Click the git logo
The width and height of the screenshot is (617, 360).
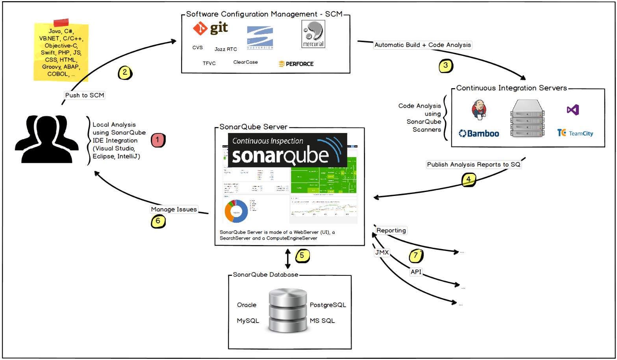[210, 28]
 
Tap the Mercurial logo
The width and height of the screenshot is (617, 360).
[313, 34]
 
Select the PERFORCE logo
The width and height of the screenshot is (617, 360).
[296, 64]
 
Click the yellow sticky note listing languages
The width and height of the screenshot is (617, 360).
[61, 51]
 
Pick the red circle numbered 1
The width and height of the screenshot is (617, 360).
[158, 140]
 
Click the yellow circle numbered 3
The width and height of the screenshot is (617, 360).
[446, 66]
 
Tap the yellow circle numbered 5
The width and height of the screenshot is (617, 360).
[302, 256]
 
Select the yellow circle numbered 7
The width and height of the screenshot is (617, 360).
[416, 256]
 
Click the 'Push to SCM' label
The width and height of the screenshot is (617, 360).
[85, 95]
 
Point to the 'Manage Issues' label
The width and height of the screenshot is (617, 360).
[174, 209]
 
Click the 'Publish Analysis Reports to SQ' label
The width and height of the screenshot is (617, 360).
[473, 164]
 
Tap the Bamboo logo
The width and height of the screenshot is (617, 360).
[479, 133]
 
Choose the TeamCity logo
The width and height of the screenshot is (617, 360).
[575, 133]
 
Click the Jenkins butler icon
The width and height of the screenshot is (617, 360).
[479, 110]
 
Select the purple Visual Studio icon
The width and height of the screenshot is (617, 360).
[573, 110]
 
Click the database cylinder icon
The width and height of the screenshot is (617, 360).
[288, 310]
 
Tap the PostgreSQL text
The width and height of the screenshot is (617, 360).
[328, 305]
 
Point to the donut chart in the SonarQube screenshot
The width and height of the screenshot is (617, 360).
[236, 211]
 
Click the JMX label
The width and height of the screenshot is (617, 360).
[382, 253]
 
